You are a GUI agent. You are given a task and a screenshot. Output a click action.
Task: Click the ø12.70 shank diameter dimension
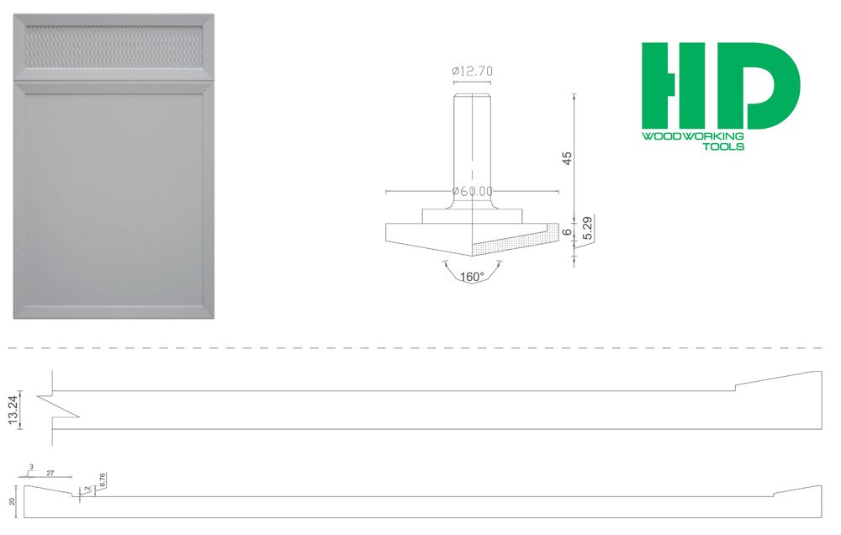[473, 72]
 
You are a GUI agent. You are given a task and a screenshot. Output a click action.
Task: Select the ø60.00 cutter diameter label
[473, 192]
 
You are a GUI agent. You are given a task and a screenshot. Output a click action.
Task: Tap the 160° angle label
[473, 277]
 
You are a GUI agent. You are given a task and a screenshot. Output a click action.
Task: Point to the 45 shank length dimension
[567, 157]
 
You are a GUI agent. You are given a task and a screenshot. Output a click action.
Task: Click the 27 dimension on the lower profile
[50, 474]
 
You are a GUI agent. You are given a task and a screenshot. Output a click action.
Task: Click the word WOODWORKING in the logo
[692, 136]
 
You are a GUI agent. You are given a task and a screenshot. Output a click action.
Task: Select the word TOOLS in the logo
[722, 146]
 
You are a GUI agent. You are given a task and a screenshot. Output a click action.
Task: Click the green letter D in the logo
[762, 85]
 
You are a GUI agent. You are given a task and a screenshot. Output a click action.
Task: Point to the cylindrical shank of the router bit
[473, 143]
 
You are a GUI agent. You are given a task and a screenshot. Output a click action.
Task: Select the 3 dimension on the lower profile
[31, 466]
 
